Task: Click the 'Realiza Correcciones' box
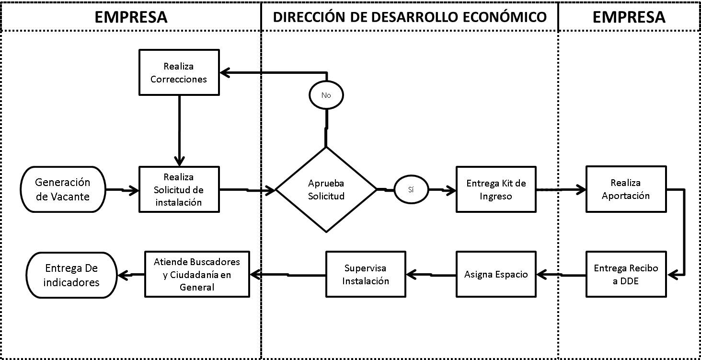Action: pos(179,72)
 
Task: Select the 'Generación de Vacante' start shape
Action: pos(62,189)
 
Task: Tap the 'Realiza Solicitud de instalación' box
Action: pos(179,189)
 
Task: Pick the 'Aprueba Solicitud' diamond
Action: pos(326,190)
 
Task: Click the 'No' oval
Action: pos(326,95)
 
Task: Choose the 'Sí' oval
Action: pos(411,190)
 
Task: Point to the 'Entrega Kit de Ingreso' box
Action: pos(496,189)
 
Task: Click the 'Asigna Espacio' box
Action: pos(496,275)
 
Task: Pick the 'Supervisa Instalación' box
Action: pos(366,275)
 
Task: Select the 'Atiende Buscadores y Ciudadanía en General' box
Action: pos(197,275)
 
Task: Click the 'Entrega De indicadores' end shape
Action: pos(72,275)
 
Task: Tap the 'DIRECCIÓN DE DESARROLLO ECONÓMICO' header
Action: pos(410,17)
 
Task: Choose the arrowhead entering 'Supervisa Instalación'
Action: pos(410,275)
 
